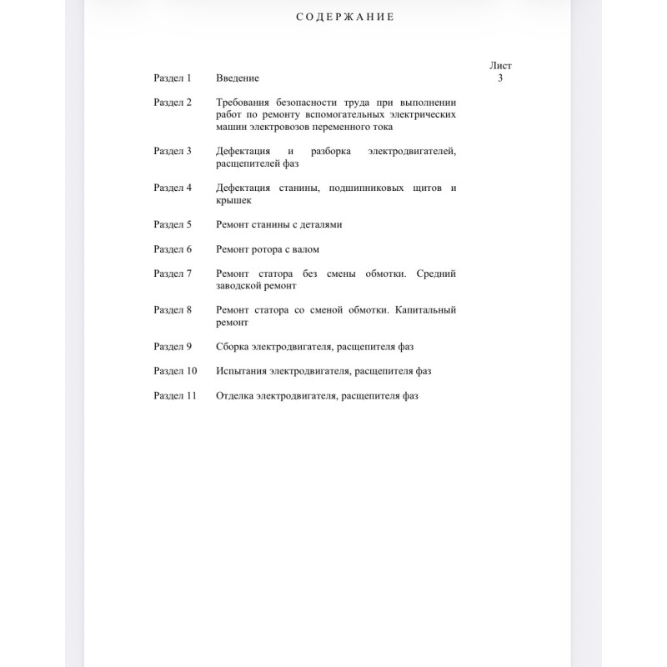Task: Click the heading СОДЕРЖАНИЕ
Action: click(x=345, y=17)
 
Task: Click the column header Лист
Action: click(x=500, y=65)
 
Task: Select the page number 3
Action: click(x=500, y=78)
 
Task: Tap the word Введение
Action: click(x=238, y=78)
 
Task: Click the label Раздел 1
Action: click(x=173, y=78)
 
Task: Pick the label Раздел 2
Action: click(x=173, y=103)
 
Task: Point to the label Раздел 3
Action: click(x=173, y=152)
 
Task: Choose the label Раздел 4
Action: click(x=173, y=188)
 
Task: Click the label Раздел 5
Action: click(x=173, y=225)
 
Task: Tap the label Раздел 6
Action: click(x=173, y=249)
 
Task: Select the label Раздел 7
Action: click(x=173, y=273)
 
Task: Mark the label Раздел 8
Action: click(x=173, y=310)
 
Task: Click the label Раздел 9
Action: click(x=173, y=347)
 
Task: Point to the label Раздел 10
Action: click(x=175, y=371)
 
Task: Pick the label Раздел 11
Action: click(x=175, y=396)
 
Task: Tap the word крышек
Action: click(x=233, y=201)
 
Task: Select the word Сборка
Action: click(x=233, y=347)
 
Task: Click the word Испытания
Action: click(x=241, y=371)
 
